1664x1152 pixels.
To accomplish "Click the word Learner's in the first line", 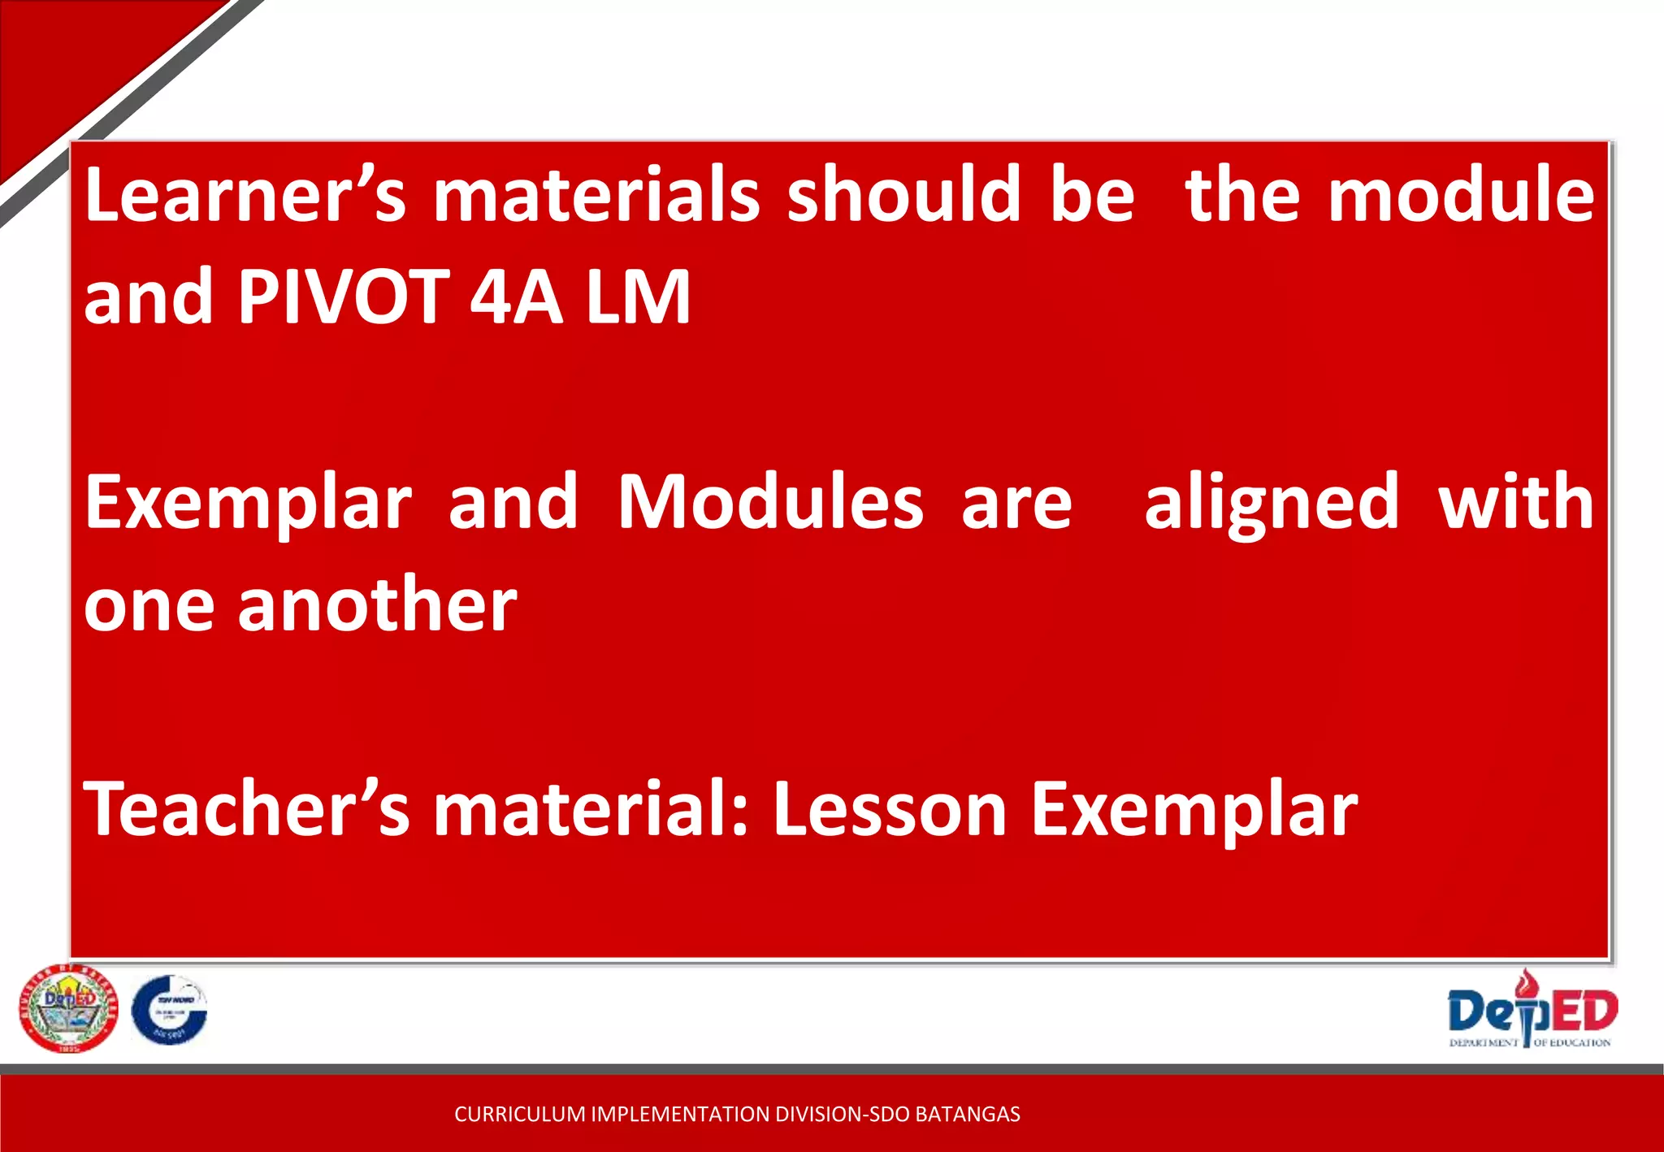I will pos(245,195).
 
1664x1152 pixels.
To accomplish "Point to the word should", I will pos(903,195).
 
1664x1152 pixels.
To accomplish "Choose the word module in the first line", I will pos(1461,195).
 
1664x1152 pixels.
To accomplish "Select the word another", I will pos(377,605).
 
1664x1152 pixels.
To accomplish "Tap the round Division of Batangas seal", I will pos(68,1008).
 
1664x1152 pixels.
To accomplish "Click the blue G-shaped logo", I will pos(169,1010).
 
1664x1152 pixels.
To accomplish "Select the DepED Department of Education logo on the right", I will pos(1531,1010).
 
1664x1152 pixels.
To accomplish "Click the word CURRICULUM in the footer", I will pos(519,1114).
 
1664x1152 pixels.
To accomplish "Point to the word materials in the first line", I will pos(596,195).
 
